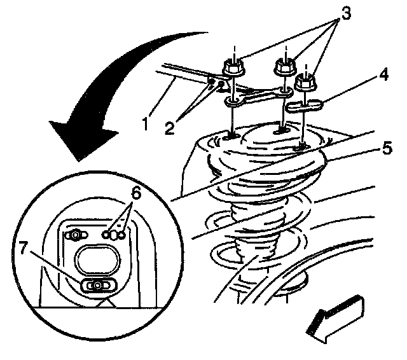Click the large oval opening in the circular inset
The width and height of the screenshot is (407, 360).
click(x=96, y=260)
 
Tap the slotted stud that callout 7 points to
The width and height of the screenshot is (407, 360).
click(x=96, y=286)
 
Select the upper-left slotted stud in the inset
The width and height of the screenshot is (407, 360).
click(x=76, y=235)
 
